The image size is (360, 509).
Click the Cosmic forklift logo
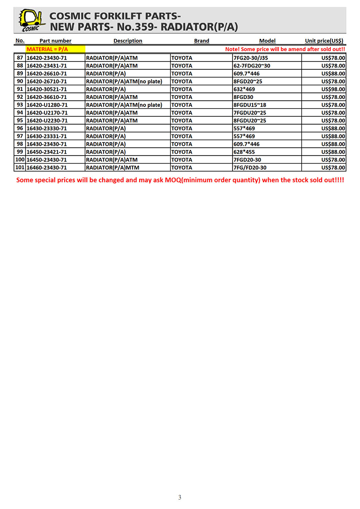(31, 20)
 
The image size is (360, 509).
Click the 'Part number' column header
(55, 41)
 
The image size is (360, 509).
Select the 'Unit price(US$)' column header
(324, 41)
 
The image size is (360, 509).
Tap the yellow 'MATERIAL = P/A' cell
(48, 49)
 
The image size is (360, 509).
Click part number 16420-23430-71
(46, 58)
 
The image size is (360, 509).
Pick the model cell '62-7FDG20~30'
(252, 66)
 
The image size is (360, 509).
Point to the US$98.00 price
(333, 89)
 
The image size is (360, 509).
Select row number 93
(20, 105)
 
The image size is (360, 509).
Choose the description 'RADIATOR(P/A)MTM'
(112, 167)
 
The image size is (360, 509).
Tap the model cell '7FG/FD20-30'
(250, 167)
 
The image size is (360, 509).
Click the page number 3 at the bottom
(180, 497)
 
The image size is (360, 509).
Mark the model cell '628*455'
(244, 152)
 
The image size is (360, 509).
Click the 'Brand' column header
(202, 41)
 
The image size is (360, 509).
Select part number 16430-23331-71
(46, 136)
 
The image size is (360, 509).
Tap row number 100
(20, 159)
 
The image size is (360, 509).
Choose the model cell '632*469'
(244, 89)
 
